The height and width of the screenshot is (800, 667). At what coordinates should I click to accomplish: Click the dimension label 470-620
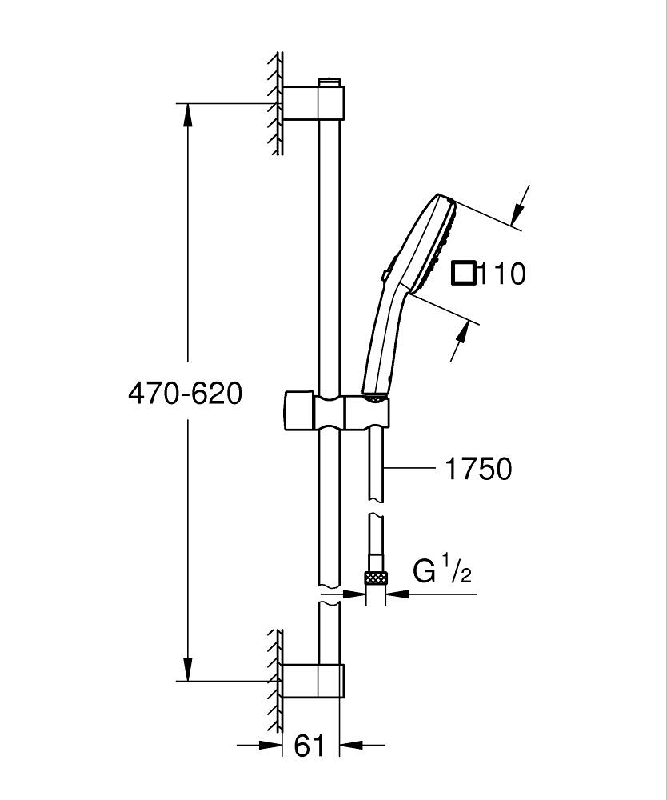pyautogui.click(x=185, y=394)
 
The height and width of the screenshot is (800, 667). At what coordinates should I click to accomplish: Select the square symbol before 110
pyautogui.click(x=463, y=274)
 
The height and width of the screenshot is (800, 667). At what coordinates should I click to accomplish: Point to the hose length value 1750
pyautogui.click(x=478, y=469)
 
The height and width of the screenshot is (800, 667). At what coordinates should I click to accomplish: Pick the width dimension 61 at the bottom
pyautogui.click(x=310, y=746)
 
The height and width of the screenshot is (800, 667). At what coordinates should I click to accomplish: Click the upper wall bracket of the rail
pyautogui.click(x=313, y=102)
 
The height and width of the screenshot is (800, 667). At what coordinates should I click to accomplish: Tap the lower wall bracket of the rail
pyautogui.click(x=313, y=681)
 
